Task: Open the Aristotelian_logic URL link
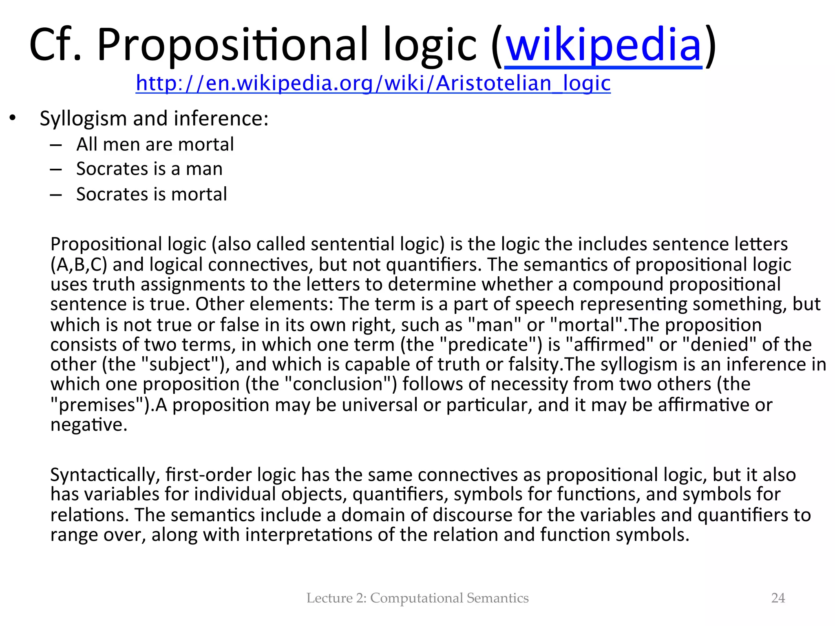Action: [373, 83]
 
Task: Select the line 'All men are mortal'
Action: [155, 144]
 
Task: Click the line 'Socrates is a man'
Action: [149, 169]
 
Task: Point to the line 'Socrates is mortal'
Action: [151, 194]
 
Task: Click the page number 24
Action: [778, 598]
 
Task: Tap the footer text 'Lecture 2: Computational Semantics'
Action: [417, 598]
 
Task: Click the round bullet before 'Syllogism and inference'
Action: [13, 118]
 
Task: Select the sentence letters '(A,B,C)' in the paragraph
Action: [79, 265]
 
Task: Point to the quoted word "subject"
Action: [184, 364]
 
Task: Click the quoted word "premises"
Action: [100, 405]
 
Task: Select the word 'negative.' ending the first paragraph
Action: [89, 425]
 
